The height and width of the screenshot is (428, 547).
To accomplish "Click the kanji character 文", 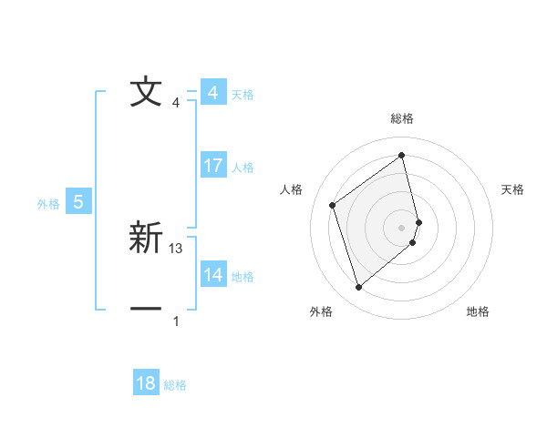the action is pos(146,93).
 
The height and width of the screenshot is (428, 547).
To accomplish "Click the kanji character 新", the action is pos(146,239).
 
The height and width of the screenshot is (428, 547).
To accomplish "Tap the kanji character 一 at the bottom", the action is pos(146,310).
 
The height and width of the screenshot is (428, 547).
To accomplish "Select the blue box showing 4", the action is pos(212,93).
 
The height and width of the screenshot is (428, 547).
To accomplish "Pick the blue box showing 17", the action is pos(212,166).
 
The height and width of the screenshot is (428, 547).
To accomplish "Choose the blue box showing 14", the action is pos(212,275).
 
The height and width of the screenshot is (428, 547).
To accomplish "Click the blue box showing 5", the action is pos(78,202).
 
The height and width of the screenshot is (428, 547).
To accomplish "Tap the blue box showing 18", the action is pos(146,383).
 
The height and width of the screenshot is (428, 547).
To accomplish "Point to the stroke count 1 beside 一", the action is pos(176,321).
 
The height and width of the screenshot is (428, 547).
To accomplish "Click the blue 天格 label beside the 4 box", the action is pos(243,95).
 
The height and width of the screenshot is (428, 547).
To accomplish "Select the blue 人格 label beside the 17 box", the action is pos(243,168).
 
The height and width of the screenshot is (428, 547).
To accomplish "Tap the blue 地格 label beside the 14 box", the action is pos(243,277).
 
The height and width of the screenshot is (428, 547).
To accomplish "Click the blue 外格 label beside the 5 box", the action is pos(48,204).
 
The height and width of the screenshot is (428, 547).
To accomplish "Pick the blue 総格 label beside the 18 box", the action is pos(175,385).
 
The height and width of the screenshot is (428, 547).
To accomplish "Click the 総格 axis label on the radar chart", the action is pos(402,118).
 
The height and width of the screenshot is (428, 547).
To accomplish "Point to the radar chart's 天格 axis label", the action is pos(513,189).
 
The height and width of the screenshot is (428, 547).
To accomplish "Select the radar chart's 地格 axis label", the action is pos(478,311).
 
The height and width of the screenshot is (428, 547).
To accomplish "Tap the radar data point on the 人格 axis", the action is pos(333,205).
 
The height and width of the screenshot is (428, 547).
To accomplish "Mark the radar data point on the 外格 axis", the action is pos(358,288).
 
